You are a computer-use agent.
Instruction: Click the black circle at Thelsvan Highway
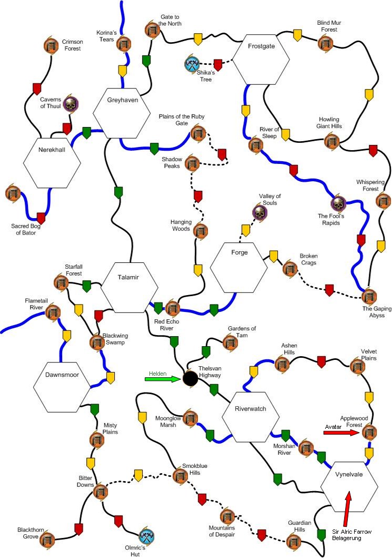pos(190,378)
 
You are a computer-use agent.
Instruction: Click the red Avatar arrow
pos(341,433)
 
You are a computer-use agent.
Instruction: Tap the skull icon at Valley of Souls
pos(259,213)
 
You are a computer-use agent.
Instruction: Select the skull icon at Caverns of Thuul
pos(70,104)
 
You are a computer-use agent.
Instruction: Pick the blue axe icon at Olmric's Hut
pos(146,537)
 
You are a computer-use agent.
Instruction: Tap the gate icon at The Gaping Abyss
pos(369,296)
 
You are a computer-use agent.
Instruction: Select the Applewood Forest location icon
pos(370,433)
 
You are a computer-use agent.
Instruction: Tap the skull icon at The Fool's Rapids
pos(338,203)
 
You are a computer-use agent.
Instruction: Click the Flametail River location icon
pos(52,314)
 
